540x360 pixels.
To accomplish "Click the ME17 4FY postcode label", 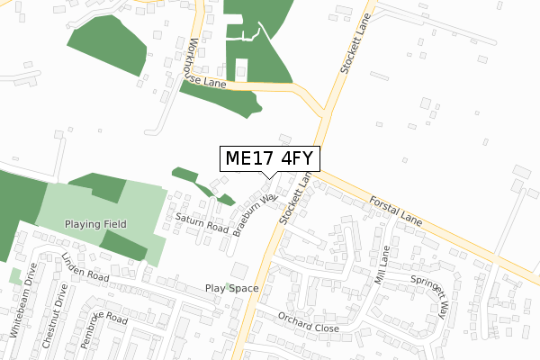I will click(269, 159).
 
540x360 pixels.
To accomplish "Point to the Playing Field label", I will click(95, 223).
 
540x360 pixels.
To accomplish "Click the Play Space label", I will click(231, 289).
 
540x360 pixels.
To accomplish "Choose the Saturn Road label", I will click(201, 223).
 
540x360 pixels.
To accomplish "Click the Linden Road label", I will click(85, 267).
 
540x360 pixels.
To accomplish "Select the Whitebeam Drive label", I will click(22, 300).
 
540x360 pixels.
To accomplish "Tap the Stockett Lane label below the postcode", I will click(294, 200).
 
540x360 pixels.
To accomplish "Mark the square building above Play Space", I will click(238, 270).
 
